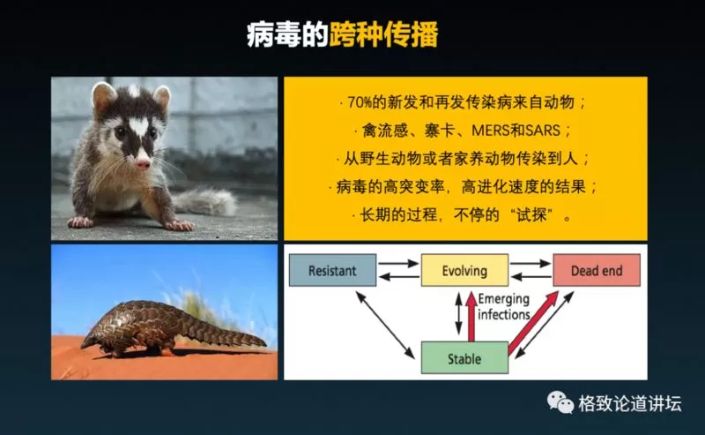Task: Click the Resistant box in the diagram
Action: coord(332,270)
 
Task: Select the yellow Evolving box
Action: coord(464,270)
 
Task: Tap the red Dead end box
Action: coord(597,270)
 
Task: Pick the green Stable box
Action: coord(464,358)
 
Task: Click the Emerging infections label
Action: coord(503,306)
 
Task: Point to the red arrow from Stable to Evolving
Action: coord(471,317)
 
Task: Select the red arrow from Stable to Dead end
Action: coord(533,323)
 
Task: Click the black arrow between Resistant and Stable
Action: coord(385,325)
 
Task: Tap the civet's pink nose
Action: coord(143,163)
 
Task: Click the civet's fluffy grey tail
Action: coord(206,201)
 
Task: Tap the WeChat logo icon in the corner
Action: coord(560,401)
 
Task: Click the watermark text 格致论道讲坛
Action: coord(630,403)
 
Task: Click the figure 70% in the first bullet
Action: coord(360,102)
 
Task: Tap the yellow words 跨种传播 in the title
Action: coord(383,34)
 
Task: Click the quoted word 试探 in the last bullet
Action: coord(531,214)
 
